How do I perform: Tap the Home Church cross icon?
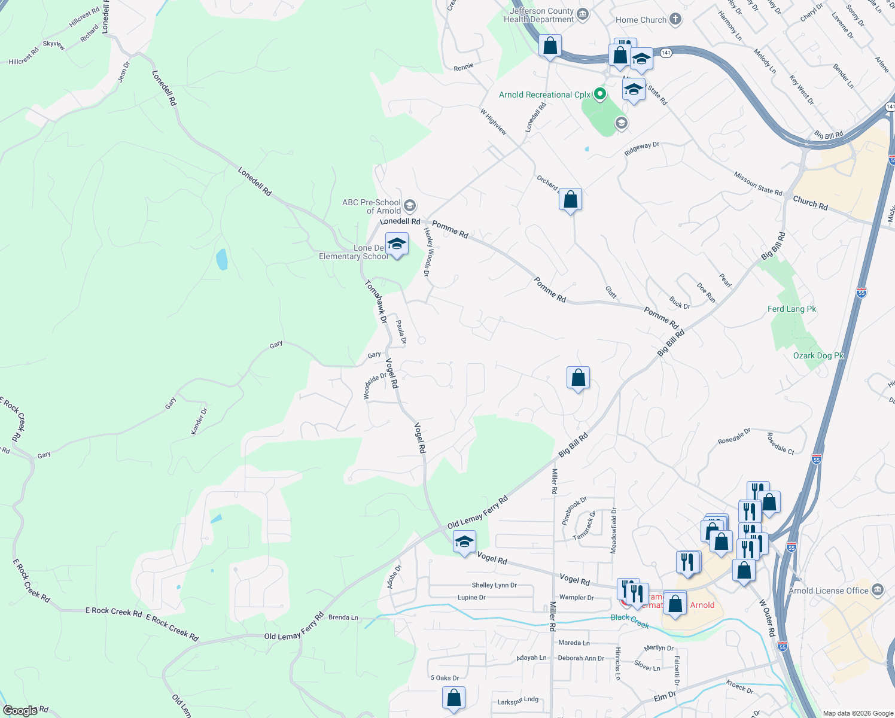pos(675,19)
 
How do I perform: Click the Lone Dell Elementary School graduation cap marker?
pos(397,244)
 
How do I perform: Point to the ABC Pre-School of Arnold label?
pos(372,206)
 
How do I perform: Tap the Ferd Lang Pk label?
pos(792,309)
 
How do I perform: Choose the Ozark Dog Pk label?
pos(818,355)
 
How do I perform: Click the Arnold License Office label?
pos(828,591)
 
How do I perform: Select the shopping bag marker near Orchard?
pos(570,199)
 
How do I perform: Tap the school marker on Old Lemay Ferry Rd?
pos(464,542)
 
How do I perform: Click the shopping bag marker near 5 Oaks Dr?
pos(453,698)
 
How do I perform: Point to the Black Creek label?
pos(629,621)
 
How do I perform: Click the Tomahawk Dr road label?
pos(376,302)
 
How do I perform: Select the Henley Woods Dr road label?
pos(428,252)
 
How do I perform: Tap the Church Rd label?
pos(810,203)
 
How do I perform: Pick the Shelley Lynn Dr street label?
pos(494,585)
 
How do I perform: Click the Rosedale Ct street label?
pos(780,444)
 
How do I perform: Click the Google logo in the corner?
pos(20,710)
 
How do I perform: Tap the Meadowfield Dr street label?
pos(613,530)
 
